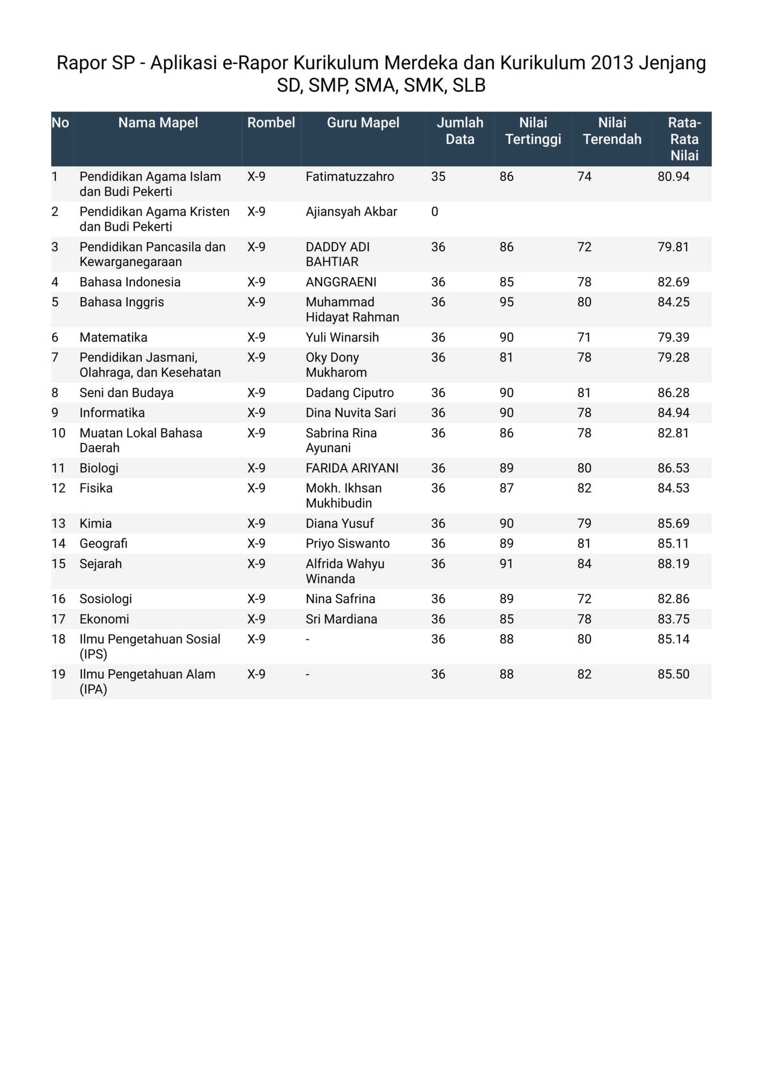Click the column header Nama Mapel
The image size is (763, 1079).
pyautogui.click(x=158, y=123)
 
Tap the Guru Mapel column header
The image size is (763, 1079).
pyautogui.click(x=363, y=123)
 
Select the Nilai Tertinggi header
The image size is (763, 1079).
pyautogui.click(x=533, y=131)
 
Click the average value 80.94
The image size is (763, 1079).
pyautogui.click(x=673, y=177)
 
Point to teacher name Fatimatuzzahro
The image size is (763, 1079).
pyautogui.click(x=350, y=177)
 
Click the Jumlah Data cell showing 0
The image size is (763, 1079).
pyautogui.click(x=435, y=212)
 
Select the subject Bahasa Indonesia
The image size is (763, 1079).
pyautogui.click(x=130, y=282)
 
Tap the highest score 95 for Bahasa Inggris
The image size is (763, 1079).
pyautogui.click(x=506, y=302)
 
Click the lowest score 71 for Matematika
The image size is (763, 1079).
pyautogui.click(x=584, y=338)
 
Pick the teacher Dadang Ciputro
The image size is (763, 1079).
pyautogui.click(x=350, y=393)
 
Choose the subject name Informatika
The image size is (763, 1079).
pyautogui.click(x=112, y=413)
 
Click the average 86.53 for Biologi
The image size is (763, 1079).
pyautogui.click(x=673, y=468)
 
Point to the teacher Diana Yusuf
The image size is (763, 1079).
pyautogui.click(x=340, y=523)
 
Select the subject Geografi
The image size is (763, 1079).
pyautogui.click(x=103, y=544)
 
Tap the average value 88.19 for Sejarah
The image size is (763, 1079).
pyautogui.click(x=673, y=564)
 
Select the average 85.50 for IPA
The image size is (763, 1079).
pyautogui.click(x=673, y=674)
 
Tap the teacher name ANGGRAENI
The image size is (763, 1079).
pyautogui.click(x=341, y=282)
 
